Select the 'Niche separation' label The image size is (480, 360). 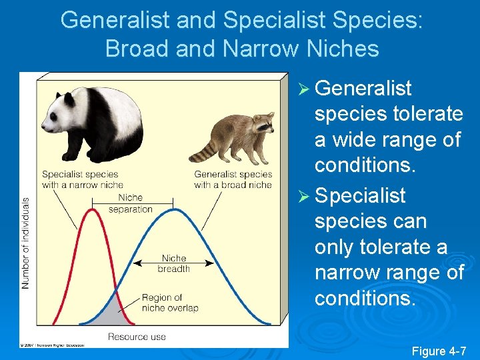click(131, 203)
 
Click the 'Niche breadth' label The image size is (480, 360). click(173, 263)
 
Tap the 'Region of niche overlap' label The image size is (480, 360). click(169, 303)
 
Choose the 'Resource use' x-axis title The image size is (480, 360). click(137, 337)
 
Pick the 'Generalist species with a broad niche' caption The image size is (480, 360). click(233, 179)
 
